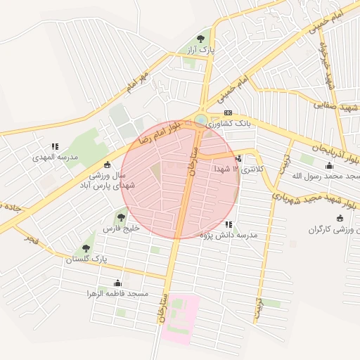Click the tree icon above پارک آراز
click(200, 39)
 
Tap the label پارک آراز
click(200, 51)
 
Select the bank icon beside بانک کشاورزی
click(227, 113)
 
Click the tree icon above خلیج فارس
click(122, 217)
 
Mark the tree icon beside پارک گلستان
click(86, 248)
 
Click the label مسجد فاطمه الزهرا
click(117, 292)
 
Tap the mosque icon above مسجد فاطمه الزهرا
click(117, 282)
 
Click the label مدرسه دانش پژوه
click(229, 234)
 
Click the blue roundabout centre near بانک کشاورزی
click(201, 120)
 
